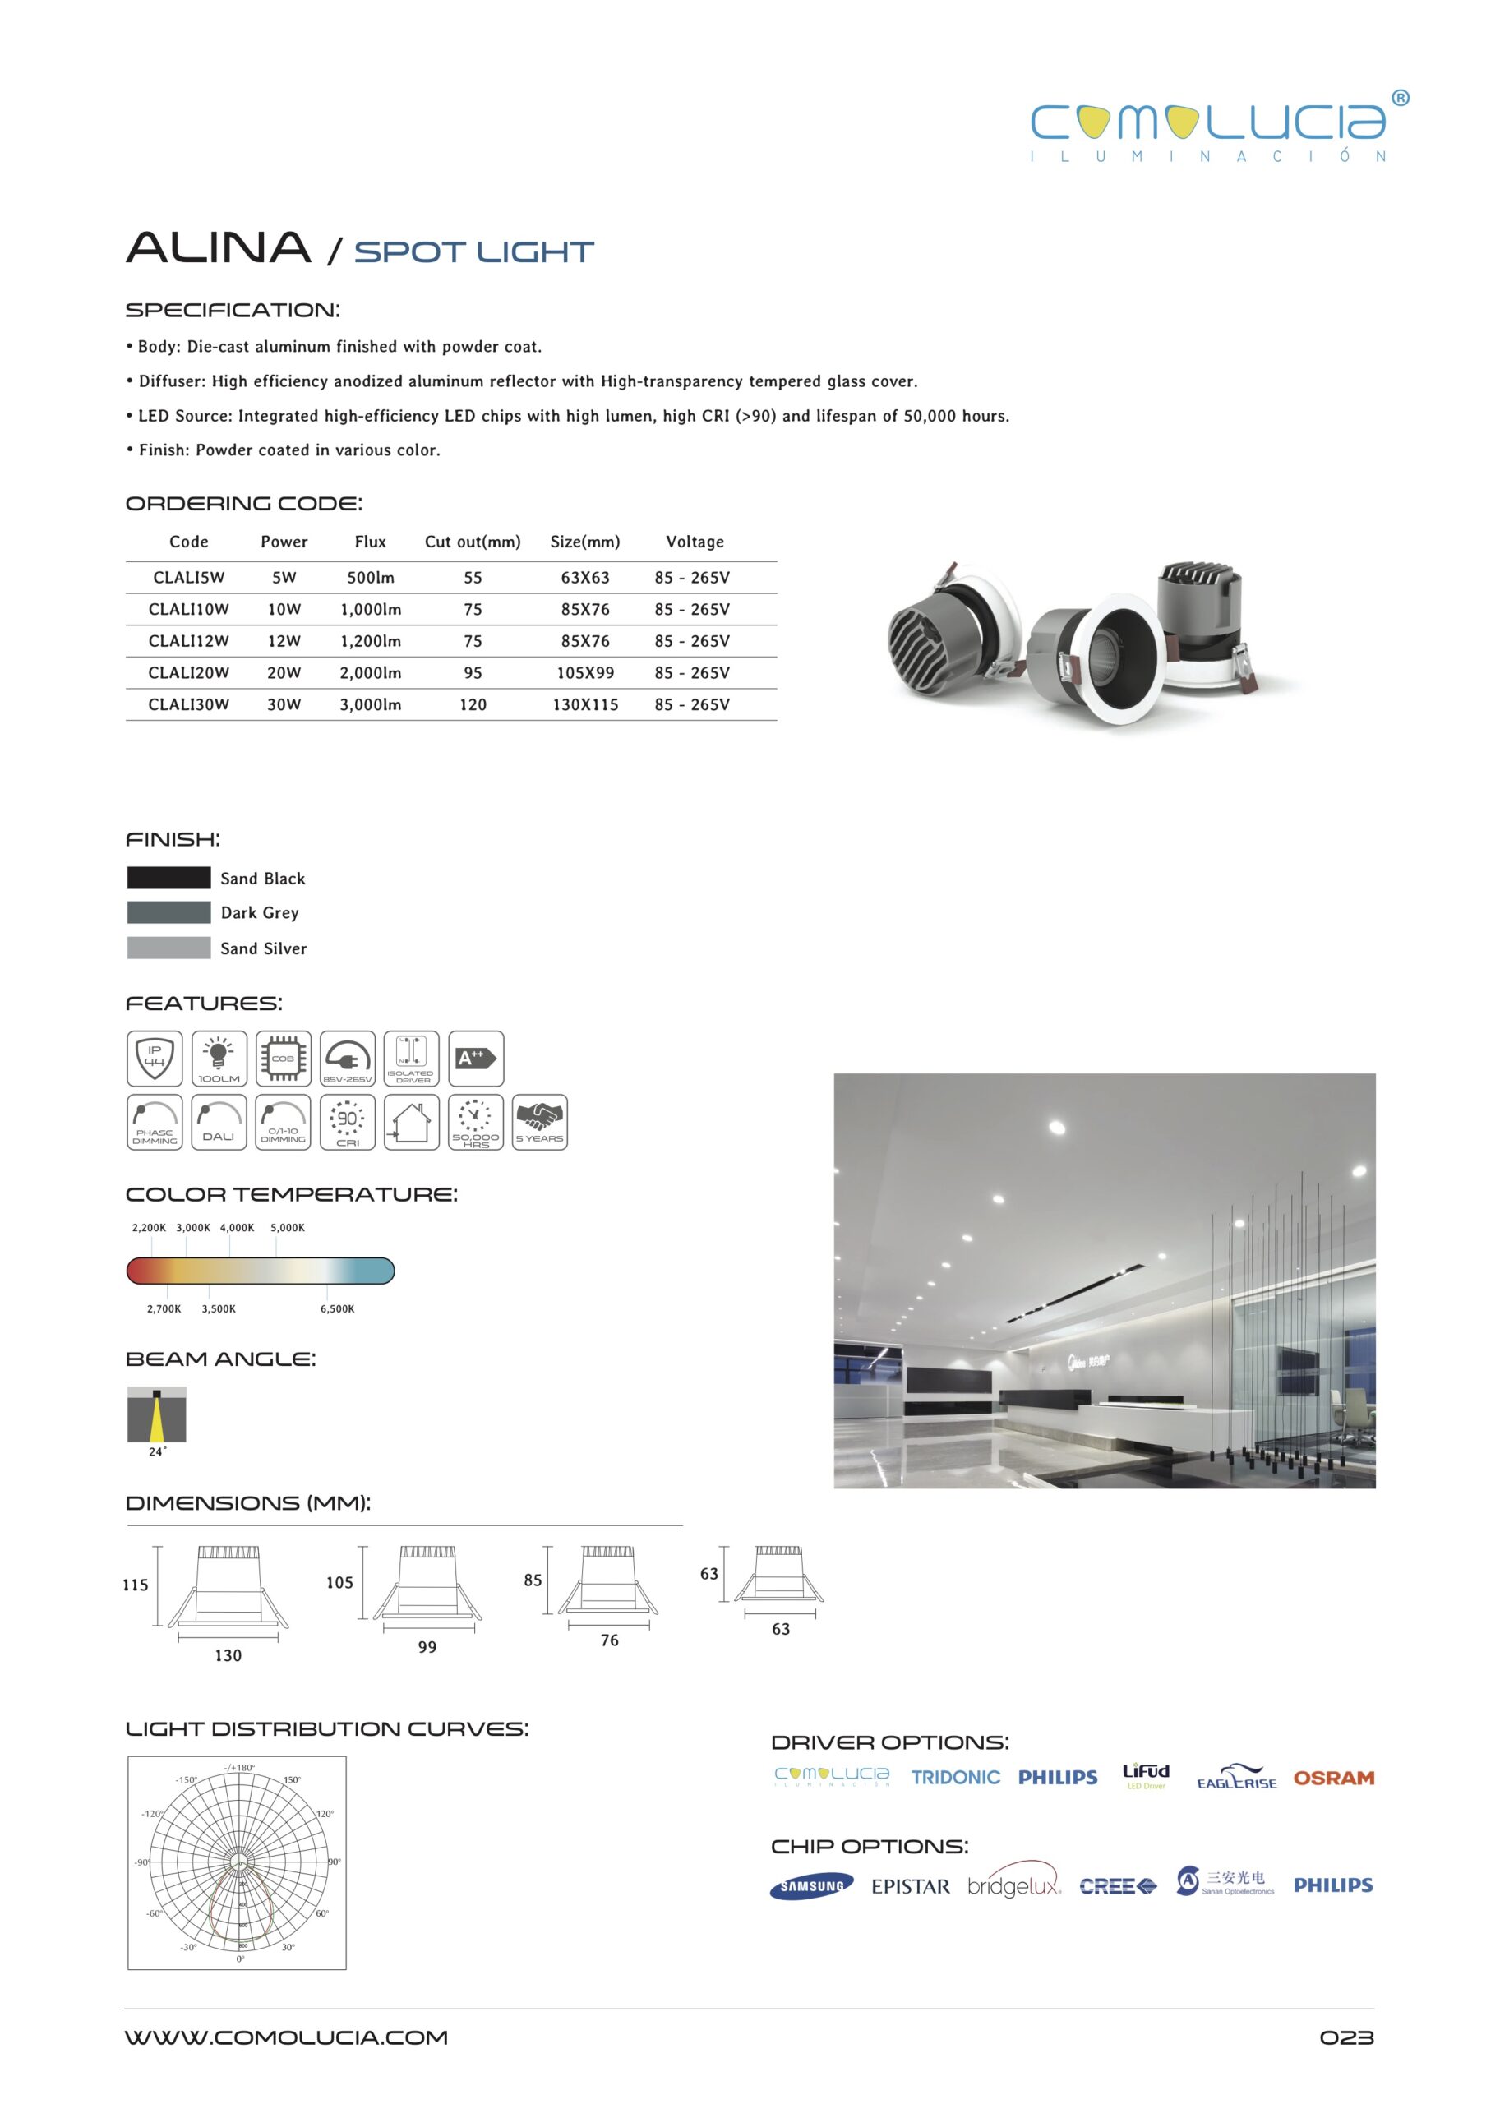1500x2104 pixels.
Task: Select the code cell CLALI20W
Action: coord(188,672)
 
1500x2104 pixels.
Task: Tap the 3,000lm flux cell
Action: coord(371,704)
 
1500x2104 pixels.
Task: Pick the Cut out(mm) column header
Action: coord(472,542)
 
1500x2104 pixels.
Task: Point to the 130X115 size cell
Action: coord(584,704)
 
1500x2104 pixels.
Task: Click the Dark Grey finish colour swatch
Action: coord(168,912)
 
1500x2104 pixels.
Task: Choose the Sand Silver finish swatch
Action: coord(168,948)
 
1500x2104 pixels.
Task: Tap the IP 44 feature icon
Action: coord(155,1059)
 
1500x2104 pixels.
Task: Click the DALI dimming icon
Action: coord(219,1122)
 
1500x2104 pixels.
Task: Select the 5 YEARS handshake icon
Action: coord(539,1122)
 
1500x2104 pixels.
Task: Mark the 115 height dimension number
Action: coord(136,1585)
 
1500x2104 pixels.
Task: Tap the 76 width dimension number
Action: coord(610,1640)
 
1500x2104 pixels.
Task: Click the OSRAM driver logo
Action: coord(1333,1778)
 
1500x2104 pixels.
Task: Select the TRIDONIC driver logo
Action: coord(955,1778)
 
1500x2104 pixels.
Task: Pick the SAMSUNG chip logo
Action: coord(811,1886)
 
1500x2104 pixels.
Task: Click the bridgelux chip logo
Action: coord(1013,1886)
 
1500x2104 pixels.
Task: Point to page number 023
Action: coord(1345,2037)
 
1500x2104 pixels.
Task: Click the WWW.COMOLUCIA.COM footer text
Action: coord(286,2037)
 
